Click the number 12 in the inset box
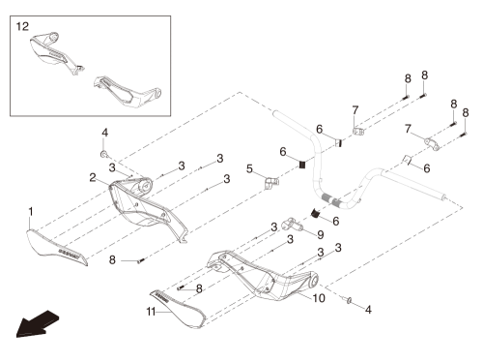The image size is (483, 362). point(22,26)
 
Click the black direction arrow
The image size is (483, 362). point(38,324)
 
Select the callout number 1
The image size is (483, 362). point(31,212)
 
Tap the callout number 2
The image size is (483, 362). point(93,177)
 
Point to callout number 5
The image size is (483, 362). point(249,168)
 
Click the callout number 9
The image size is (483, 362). point(321,234)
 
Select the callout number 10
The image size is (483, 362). point(319,298)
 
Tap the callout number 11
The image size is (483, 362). point(151,312)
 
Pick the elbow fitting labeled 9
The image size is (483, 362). point(292,225)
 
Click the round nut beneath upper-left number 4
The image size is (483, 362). point(104,154)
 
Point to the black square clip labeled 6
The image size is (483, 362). point(302,165)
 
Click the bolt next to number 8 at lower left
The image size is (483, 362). point(141,260)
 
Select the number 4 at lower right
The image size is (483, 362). point(368,310)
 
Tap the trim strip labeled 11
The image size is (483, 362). point(178,309)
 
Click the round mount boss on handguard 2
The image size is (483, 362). point(146,186)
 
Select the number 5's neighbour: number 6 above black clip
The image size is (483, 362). point(283,151)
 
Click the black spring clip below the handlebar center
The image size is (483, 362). point(315,213)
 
